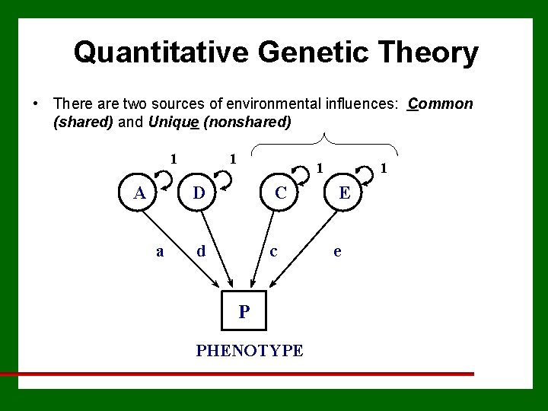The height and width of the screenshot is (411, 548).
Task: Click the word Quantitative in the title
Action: [x=161, y=53]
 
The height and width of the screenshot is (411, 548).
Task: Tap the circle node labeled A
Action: [x=139, y=193]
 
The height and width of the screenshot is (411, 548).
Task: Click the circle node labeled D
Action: [x=199, y=193]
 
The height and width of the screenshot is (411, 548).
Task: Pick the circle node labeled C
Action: [x=281, y=193]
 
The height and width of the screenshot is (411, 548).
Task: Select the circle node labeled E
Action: [x=345, y=193]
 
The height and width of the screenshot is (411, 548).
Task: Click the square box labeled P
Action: [x=244, y=311]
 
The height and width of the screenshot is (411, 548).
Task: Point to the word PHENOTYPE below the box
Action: [x=250, y=351]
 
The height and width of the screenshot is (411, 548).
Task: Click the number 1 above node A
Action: [x=174, y=160]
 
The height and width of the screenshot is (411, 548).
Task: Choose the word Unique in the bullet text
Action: [x=174, y=122]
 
